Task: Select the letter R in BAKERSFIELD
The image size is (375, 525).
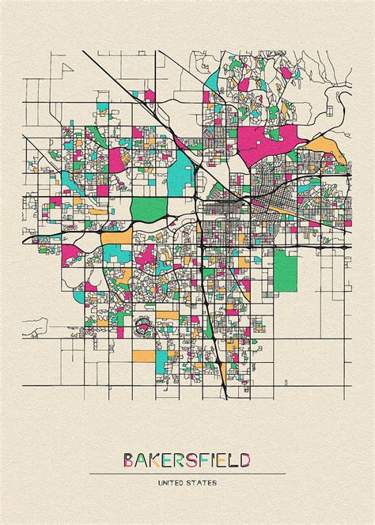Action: click(179, 459)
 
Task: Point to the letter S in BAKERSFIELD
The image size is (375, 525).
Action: click(191, 459)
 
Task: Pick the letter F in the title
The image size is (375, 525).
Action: click(203, 459)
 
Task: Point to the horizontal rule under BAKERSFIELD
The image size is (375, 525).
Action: click(187, 473)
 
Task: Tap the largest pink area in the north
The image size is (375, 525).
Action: click(269, 142)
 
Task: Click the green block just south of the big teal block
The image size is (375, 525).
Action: click(149, 209)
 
